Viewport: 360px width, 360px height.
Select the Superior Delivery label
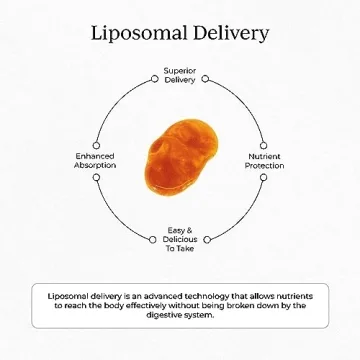pyautogui.click(x=180, y=75)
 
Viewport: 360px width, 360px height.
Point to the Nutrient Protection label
pyautogui.click(x=265, y=161)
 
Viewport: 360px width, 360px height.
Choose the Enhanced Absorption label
pyautogui.click(x=96, y=161)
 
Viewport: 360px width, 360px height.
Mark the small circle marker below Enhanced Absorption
pyautogui.click(x=96, y=176)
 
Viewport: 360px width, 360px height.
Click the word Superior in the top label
pyautogui.click(x=180, y=71)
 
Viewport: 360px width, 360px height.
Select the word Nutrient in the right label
pyautogui.click(x=265, y=157)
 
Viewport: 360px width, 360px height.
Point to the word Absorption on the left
pyautogui.click(x=96, y=165)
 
